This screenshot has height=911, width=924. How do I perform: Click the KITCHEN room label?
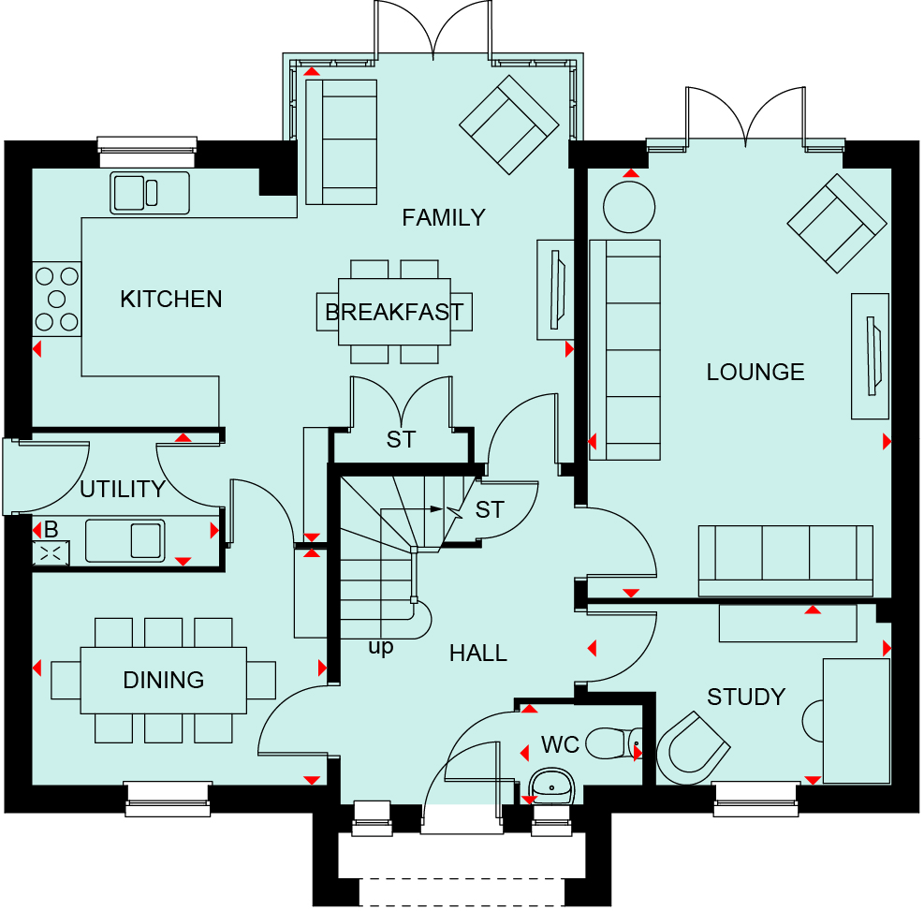(x=171, y=300)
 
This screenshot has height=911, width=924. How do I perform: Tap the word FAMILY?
(x=444, y=218)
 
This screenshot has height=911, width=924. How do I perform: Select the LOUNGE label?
(x=755, y=373)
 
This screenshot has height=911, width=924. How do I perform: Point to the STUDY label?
(x=746, y=698)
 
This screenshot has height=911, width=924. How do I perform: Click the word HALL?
(x=477, y=654)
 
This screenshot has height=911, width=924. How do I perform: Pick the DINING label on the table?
(x=163, y=680)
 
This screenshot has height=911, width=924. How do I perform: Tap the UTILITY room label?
(x=123, y=489)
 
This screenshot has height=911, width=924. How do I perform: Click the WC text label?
(x=560, y=745)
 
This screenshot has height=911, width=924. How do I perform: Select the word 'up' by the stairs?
(x=381, y=647)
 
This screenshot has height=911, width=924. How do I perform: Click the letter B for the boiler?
(x=51, y=529)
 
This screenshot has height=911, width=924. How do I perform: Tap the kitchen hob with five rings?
(x=56, y=299)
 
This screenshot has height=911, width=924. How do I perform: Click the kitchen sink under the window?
(x=150, y=193)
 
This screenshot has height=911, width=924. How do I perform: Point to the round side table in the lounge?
(x=629, y=207)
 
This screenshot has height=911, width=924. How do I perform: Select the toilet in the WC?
(x=613, y=743)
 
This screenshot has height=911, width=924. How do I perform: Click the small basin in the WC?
(x=551, y=786)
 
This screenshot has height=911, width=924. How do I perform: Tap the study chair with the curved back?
(x=693, y=748)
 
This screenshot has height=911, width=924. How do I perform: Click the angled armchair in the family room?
(x=509, y=125)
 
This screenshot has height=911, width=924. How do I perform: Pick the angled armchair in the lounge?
(x=837, y=224)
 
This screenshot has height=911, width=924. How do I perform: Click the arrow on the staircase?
(x=411, y=509)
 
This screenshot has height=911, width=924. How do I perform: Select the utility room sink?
(x=125, y=540)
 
